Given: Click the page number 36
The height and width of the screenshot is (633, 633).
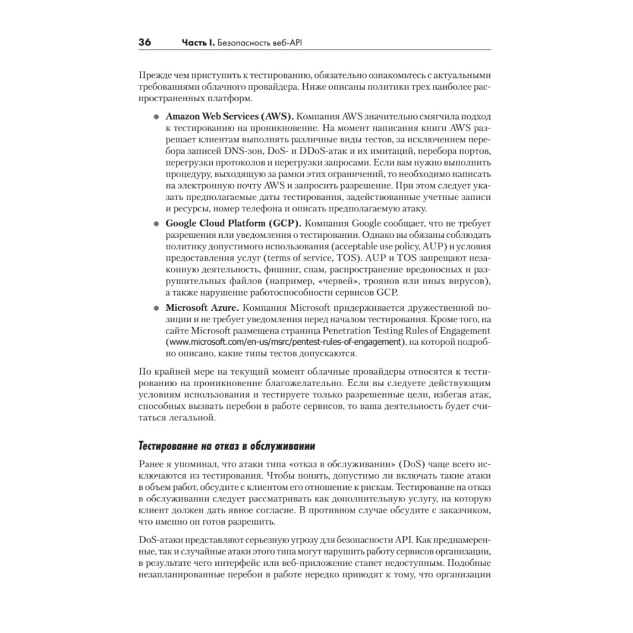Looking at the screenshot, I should (x=144, y=42).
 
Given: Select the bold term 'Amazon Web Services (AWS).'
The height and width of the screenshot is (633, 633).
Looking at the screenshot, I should (x=229, y=118).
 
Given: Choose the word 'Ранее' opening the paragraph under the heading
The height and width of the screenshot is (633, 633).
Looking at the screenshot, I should (x=150, y=463).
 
